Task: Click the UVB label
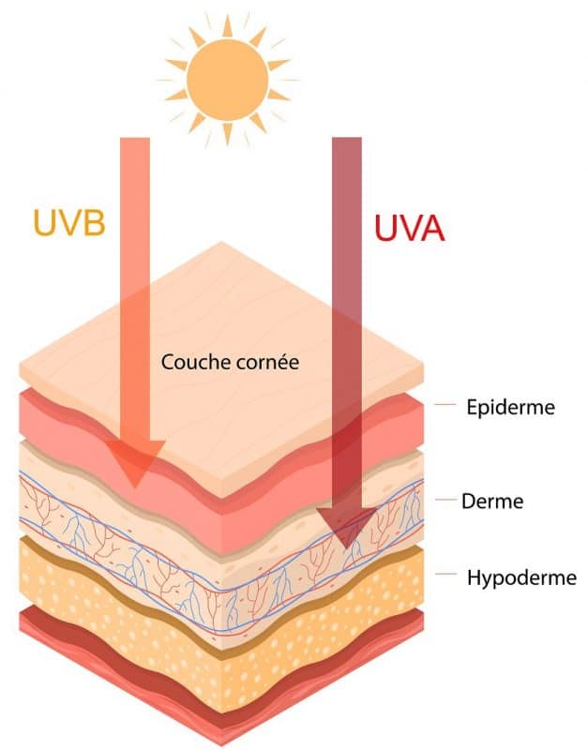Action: (x=69, y=222)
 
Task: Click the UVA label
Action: (x=410, y=228)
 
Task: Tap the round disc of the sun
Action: (x=227, y=80)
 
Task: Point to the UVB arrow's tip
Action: (x=134, y=487)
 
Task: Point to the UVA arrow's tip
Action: (x=345, y=548)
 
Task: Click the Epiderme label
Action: (x=510, y=408)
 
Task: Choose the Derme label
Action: (x=492, y=502)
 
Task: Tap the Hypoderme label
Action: (x=521, y=577)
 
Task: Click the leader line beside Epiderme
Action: (x=445, y=405)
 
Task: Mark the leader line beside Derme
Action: (x=445, y=500)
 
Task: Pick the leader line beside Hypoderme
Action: (x=445, y=574)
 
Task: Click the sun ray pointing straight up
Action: (x=228, y=26)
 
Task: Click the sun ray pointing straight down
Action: (x=228, y=134)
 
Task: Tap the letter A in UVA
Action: (x=431, y=229)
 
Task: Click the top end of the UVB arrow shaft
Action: (x=134, y=138)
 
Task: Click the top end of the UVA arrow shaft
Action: (x=347, y=138)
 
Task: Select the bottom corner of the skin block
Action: (x=221, y=744)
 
